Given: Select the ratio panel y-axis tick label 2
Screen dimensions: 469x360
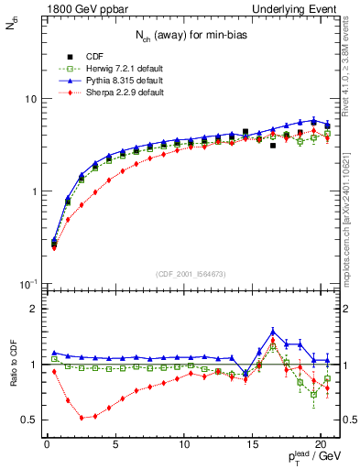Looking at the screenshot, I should (33, 309).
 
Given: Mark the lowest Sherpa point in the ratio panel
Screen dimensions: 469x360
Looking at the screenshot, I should (82, 418).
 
